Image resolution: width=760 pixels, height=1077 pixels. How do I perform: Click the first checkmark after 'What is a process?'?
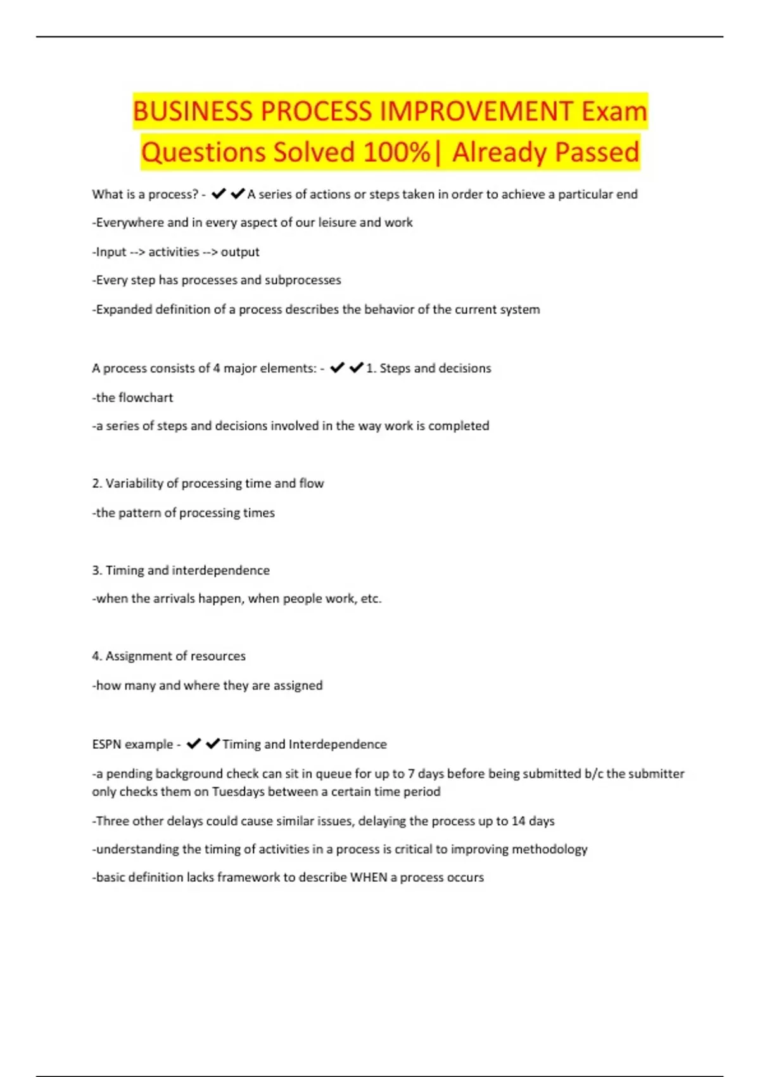pyautogui.click(x=218, y=194)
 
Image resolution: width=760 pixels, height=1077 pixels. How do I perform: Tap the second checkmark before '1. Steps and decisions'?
pyautogui.click(x=357, y=368)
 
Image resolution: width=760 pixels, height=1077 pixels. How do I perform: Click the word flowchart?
pyautogui.click(x=145, y=397)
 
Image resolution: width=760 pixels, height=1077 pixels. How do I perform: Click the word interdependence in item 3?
pyautogui.click(x=220, y=570)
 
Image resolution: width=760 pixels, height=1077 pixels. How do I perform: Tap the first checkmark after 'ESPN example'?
pyautogui.click(x=194, y=744)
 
